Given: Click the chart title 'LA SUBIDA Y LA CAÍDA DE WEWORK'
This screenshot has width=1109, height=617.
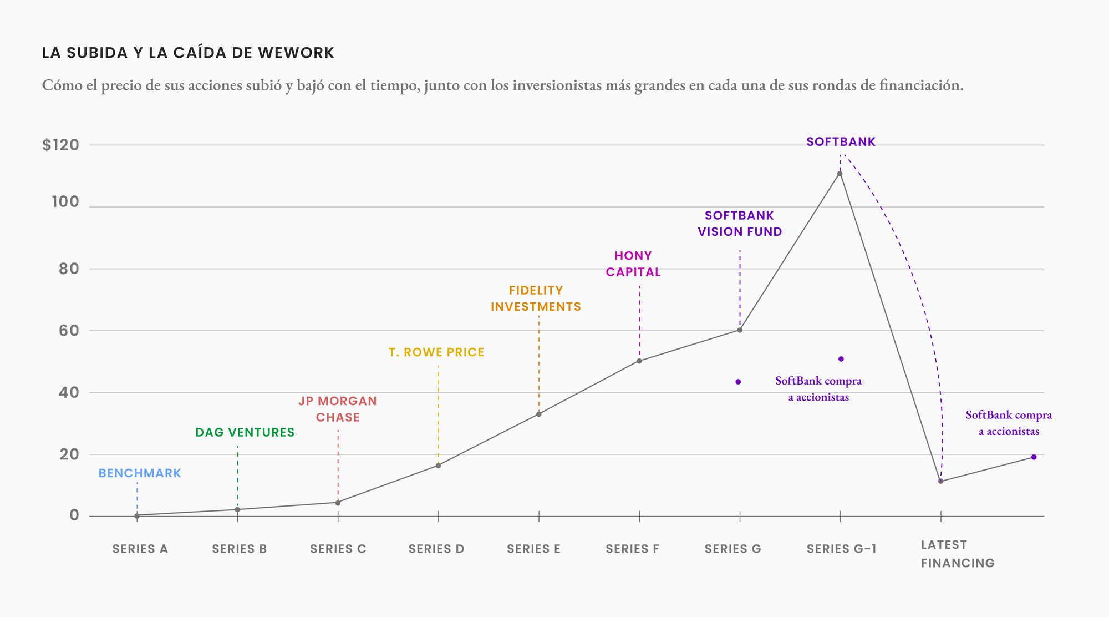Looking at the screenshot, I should (188, 53).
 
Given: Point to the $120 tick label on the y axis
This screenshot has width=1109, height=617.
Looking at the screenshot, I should (61, 145).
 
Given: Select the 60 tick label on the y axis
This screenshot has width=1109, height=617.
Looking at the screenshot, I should (69, 331).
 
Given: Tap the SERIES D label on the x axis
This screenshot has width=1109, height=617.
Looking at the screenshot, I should (436, 549).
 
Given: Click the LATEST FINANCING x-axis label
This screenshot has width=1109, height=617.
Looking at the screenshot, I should (958, 554).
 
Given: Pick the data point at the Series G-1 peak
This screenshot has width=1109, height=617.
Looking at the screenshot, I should (840, 174).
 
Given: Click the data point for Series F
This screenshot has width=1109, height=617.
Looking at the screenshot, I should (639, 361).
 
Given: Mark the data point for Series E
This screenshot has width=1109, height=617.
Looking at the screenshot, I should (539, 414).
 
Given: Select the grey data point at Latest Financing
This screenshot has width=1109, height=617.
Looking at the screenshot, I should (940, 481).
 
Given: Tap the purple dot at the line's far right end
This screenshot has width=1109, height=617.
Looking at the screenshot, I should (1034, 457).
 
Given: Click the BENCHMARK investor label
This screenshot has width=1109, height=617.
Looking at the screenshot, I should (140, 473).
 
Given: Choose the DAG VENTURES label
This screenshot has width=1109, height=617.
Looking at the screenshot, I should (245, 433).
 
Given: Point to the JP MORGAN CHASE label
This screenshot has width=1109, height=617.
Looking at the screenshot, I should (338, 409).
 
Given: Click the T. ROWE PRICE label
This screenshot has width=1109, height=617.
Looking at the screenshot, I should (436, 352).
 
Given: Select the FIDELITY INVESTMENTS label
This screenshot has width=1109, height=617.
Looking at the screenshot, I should (536, 299).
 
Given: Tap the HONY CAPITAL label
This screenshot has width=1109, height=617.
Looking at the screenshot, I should (633, 264).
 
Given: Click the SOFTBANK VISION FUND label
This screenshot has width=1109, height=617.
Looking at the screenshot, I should (740, 224).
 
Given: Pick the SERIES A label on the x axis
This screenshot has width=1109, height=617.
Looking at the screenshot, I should (140, 549).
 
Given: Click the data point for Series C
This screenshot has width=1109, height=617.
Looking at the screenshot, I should (338, 503).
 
